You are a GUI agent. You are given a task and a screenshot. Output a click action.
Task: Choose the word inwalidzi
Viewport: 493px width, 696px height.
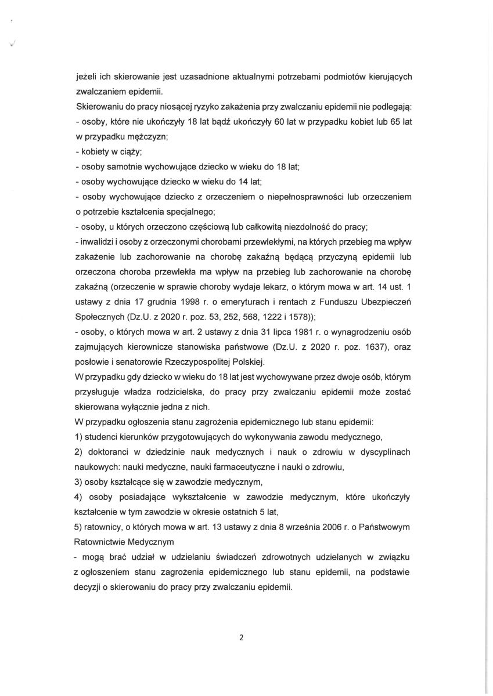[96, 242]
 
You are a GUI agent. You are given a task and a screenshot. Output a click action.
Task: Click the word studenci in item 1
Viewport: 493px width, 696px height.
[105, 438]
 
